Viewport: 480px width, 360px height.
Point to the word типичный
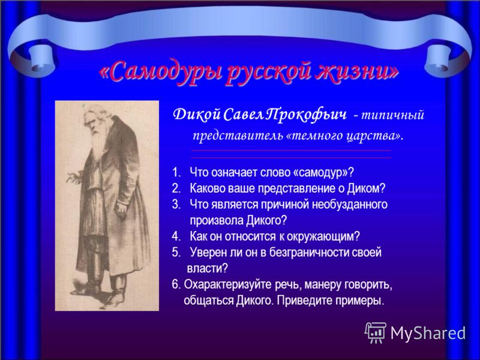point(393,116)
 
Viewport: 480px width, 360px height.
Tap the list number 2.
point(176,188)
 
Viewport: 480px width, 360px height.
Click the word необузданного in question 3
point(350,204)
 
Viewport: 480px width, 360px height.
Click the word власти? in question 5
point(207,268)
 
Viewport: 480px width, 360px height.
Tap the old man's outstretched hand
point(73,177)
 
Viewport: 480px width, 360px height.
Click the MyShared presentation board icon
point(376,332)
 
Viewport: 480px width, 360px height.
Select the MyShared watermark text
point(428,333)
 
